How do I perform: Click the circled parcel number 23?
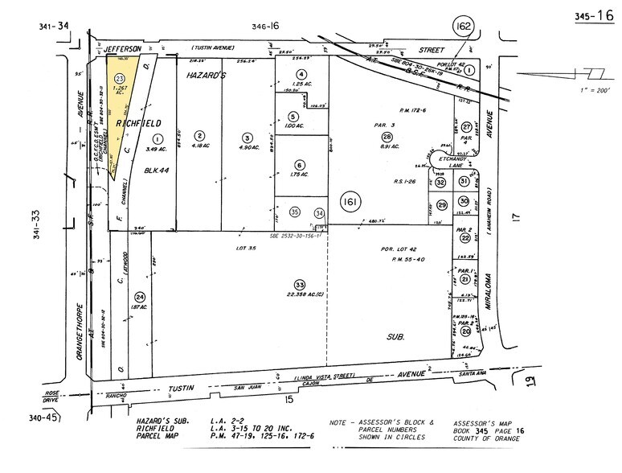120,77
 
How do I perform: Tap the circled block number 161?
349,201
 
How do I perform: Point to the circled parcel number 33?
301,285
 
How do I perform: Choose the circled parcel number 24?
141,296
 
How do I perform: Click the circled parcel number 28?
388,137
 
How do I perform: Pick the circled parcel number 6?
299,164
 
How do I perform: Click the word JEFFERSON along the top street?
124,49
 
